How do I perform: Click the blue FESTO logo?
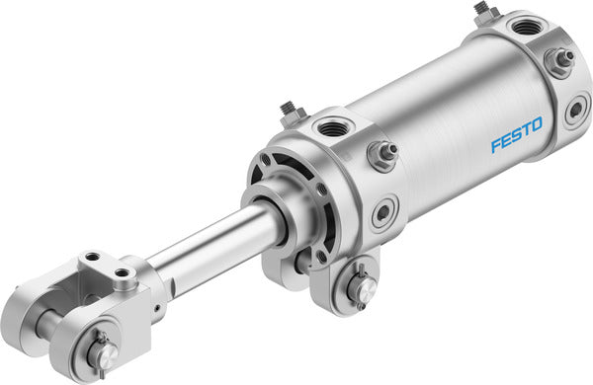tap(518, 138)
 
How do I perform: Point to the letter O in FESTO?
tap(540, 129)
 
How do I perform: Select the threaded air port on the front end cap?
tap(327, 128)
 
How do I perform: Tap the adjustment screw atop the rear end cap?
tap(482, 11)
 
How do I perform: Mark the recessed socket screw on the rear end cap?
tap(576, 111)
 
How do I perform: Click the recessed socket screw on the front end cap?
tap(382, 212)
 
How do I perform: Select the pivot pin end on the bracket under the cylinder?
tap(359, 287)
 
